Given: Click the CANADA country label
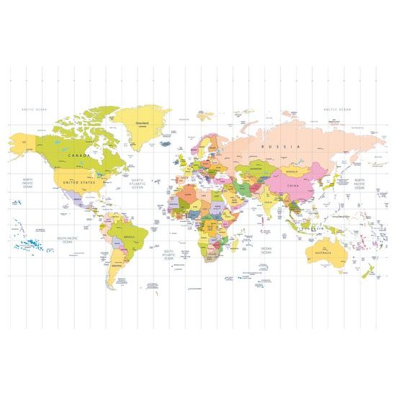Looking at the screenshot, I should pos(78,155).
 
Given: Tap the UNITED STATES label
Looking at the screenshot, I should pos(78,183).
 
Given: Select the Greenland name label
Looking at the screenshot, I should pos(141,122).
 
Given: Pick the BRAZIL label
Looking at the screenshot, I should pos(130,237).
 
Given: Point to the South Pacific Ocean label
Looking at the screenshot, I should pos(67,240).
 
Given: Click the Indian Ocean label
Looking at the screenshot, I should pos(266,250).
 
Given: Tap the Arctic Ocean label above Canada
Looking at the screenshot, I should pos(34,109).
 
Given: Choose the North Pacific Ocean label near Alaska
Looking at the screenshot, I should pos(27,183).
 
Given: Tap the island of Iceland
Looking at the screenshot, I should pos(166,143).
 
